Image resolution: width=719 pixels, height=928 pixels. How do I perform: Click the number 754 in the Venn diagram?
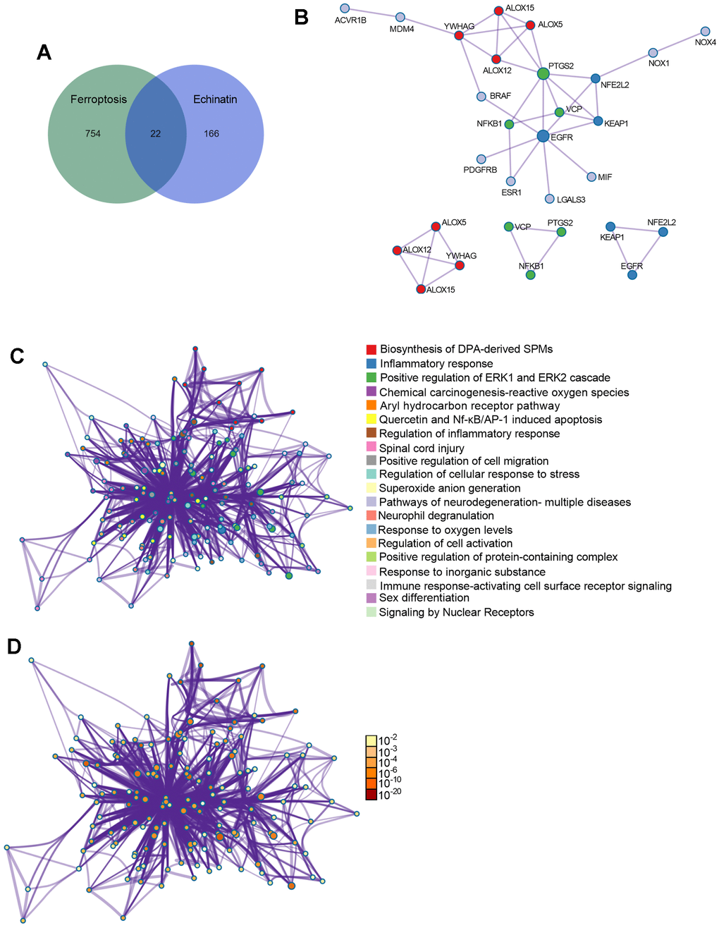(92, 133)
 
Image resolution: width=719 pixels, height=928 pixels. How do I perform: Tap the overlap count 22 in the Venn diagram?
(155, 133)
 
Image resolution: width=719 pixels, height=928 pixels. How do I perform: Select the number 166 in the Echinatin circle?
(212, 133)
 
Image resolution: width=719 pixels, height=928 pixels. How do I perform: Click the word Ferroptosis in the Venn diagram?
(99, 99)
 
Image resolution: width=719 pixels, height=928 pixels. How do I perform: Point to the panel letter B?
(301, 18)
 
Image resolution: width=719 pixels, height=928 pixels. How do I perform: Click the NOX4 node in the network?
(706, 32)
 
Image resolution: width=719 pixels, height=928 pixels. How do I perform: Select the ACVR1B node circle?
(344, 8)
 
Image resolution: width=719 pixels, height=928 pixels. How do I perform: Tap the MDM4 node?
(400, 17)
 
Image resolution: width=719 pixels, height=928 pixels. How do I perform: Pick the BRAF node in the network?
(481, 96)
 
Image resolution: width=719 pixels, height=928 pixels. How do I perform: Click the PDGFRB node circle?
(481, 159)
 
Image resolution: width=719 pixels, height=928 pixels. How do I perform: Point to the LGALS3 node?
(550, 200)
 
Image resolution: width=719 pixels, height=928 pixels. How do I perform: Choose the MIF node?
(591, 176)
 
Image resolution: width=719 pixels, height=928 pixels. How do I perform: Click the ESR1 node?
(511, 181)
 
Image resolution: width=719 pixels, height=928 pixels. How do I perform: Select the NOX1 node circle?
(653, 53)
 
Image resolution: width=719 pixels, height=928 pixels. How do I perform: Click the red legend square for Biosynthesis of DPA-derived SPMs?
(371, 350)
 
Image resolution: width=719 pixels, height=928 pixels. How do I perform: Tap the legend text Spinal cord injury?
(421, 448)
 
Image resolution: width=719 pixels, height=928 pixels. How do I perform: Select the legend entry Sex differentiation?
(424, 598)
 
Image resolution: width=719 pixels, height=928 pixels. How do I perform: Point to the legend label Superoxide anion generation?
(449, 488)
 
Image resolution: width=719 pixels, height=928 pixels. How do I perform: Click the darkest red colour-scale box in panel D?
(371, 795)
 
